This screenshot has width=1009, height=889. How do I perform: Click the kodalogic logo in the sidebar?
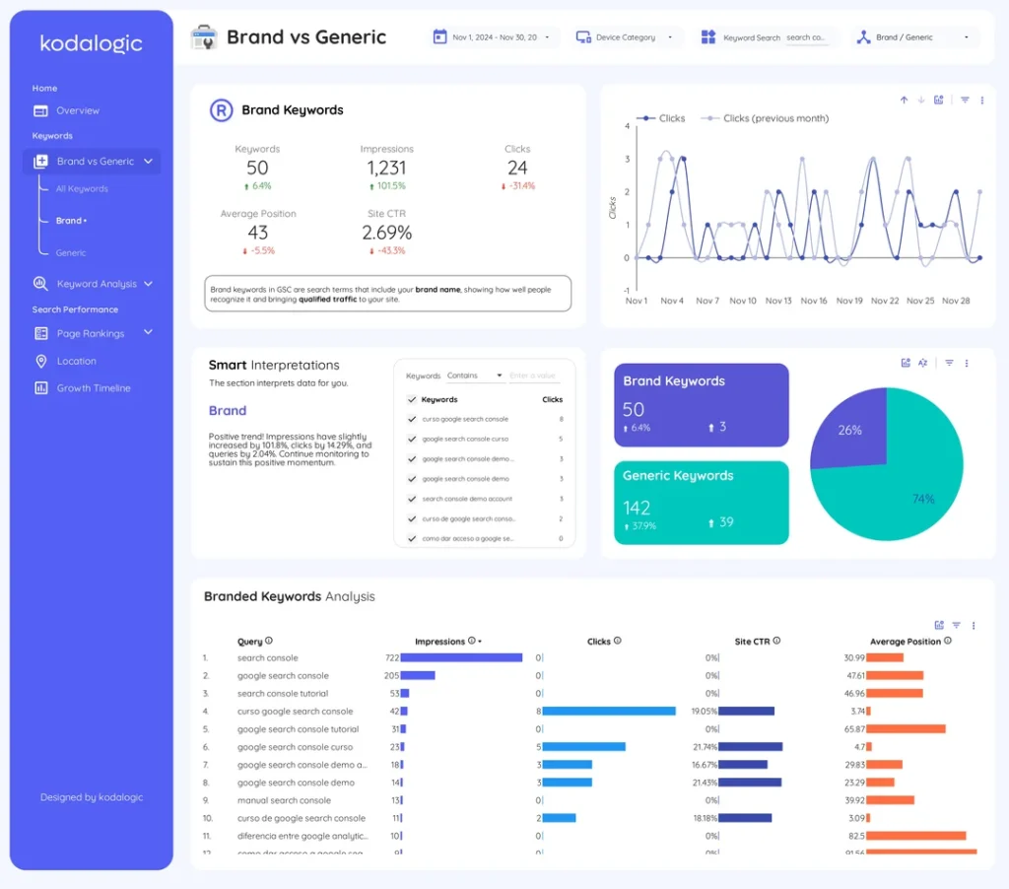(91, 44)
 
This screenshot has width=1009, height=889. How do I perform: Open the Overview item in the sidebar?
(77, 111)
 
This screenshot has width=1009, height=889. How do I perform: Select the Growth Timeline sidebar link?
(93, 388)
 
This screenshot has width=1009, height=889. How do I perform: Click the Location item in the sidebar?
(76, 362)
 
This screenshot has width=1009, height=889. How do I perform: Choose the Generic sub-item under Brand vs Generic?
(71, 253)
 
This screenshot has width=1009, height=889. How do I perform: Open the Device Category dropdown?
(626, 37)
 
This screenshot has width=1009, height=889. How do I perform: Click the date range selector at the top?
(495, 37)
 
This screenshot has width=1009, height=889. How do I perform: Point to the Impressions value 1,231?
(386, 169)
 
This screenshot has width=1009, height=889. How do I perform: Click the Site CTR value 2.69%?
(386, 234)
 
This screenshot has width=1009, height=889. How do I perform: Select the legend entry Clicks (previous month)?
(774, 118)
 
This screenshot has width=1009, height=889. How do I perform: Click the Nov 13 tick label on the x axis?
(778, 301)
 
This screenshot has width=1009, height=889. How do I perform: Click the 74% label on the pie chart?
(923, 499)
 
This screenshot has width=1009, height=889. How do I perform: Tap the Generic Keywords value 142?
(637, 508)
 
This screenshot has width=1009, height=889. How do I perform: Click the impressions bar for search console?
(461, 658)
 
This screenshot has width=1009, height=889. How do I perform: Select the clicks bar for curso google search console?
(609, 712)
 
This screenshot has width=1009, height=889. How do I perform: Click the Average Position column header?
(905, 642)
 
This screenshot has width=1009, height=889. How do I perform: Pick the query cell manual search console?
(284, 801)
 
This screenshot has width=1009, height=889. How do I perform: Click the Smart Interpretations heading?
(274, 366)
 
